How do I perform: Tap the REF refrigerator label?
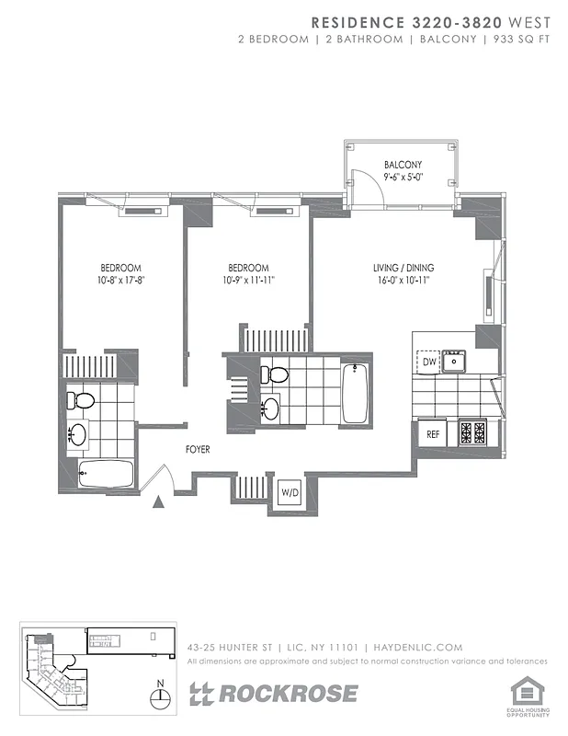point(432,433)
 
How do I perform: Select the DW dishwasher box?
point(428,362)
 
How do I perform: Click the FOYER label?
point(198,450)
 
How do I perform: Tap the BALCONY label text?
point(403,166)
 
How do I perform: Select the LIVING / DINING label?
point(403,268)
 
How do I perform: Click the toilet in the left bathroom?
point(83,401)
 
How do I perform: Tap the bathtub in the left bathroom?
point(106,476)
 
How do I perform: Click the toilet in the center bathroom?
point(273,374)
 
